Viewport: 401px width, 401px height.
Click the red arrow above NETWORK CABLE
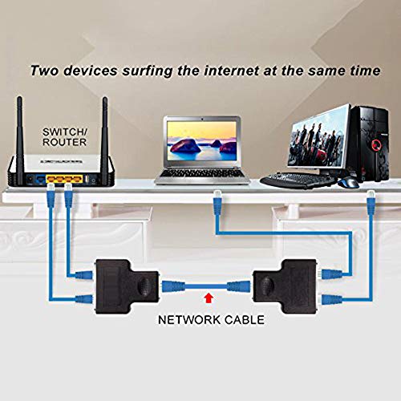coord(209,298)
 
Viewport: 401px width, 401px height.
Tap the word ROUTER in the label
coord(64,142)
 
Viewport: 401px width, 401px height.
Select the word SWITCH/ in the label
coord(65,132)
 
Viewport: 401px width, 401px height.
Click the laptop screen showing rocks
coord(202,141)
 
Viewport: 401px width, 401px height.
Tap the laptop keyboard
coord(202,173)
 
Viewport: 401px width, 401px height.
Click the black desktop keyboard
coord(298,180)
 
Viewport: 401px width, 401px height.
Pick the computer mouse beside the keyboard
coord(348,183)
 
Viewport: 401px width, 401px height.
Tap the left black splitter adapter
coord(127,286)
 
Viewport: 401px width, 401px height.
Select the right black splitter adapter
coord(286,286)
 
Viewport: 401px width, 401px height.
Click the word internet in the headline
coord(231,71)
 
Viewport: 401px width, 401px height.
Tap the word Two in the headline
coord(44,71)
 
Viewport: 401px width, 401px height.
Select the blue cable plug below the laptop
coord(217,203)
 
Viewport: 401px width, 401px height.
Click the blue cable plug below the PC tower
coord(371,203)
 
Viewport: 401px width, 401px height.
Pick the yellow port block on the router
coord(63,179)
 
